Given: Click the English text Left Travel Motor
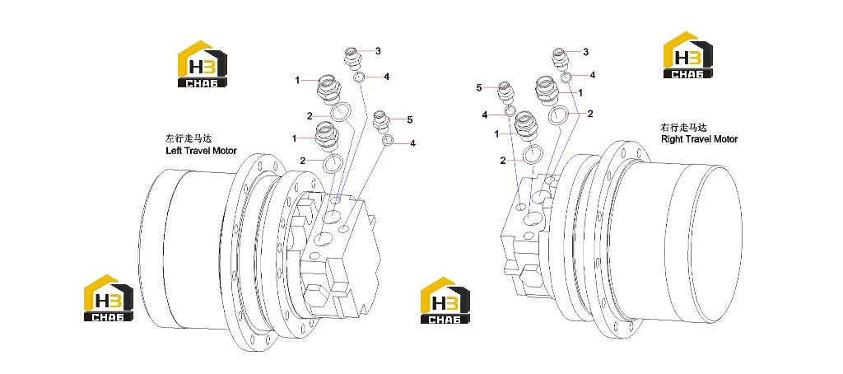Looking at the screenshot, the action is click(x=201, y=151).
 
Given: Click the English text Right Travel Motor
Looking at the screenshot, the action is click(x=699, y=139).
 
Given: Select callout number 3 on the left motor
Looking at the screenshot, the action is click(x=378, y=51).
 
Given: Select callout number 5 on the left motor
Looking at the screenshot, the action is click(x=410, y=119).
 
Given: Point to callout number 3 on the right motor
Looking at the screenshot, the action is click(x=585, y=52).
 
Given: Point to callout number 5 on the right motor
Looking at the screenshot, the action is click(x=479, y=87).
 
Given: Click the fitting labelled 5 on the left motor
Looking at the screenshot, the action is click(x=381, y=120).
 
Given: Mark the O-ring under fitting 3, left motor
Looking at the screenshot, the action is click(x=360, y=77).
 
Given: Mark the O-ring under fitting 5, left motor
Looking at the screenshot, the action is click(x=388, y=141).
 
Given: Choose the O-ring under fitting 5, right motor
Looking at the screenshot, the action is click(x=510, y=112).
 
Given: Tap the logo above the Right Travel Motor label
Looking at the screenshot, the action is click(x=688, y=55).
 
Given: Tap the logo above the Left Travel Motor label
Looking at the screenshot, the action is click(x=203, y=63).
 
